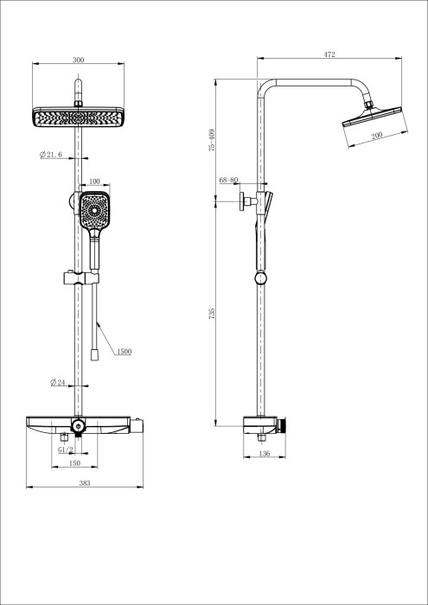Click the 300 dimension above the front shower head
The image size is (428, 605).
point(79,60)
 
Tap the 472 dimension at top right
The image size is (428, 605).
point(329,54)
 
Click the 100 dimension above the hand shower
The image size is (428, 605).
point(94,182)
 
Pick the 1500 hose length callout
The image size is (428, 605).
point(124,352)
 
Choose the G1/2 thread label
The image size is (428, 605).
point(65,450)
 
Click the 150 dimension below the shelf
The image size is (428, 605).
point(75,463)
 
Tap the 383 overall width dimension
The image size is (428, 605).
point(85,484)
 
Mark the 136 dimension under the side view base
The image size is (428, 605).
point(265,454)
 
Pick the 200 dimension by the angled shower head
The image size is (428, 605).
point(377,137)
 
